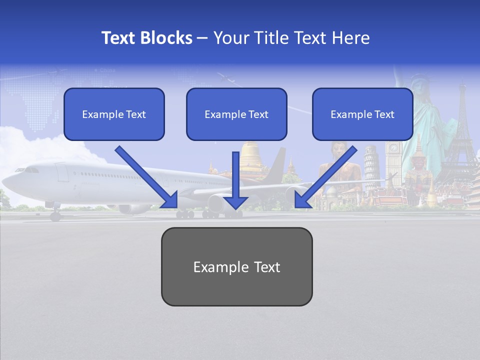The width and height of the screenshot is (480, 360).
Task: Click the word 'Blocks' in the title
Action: (x=167, y=38)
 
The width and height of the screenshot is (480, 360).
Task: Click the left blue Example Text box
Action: (x=114, y=114)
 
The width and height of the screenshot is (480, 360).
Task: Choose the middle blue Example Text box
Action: (x=236, y=114)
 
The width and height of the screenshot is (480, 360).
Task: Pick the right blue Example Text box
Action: (x=362, y=114)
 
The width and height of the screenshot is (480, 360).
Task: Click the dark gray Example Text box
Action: (x=236, y=267)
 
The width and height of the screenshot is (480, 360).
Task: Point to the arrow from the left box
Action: (x=147, y=177)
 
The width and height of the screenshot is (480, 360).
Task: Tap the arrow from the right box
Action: (x=325, y=177)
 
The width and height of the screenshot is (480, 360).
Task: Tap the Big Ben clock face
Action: (x=394, y=148)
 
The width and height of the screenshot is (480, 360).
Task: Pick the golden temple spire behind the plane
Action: (x=250, y=157)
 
